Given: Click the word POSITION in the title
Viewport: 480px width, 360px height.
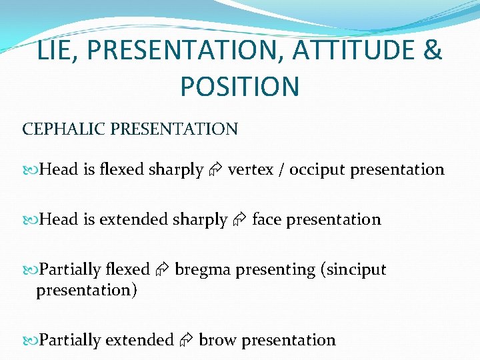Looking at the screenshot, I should tap(239, 86).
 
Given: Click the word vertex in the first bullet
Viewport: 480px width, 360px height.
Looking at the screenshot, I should tap(251, 170).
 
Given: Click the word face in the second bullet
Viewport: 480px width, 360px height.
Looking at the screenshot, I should tap(266, 220).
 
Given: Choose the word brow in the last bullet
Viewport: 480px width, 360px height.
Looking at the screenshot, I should tap(217, 340).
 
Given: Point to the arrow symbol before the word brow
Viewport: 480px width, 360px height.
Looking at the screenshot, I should tap(186, 341).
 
